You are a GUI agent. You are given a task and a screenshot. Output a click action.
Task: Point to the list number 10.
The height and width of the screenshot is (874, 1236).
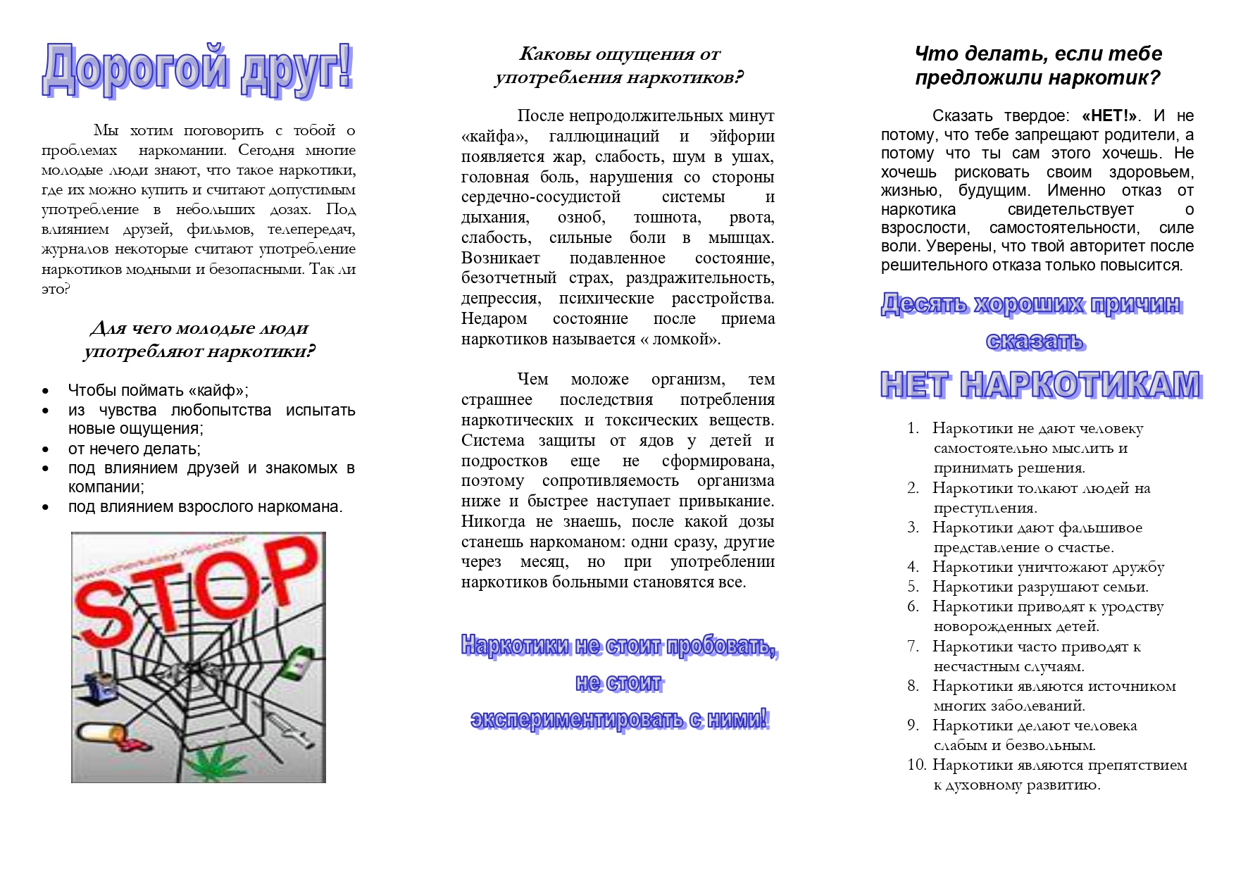pyautogui.click(x=916, y=765)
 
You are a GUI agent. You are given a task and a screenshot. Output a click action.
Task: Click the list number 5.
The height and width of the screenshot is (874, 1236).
pyautogui.click(x=913, y=587)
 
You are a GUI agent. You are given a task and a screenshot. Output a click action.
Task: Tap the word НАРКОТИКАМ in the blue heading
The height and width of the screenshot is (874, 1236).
pyautogui.click(x=1080, y=385)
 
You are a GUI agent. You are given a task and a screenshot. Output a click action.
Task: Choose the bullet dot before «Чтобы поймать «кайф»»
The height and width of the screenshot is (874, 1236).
pyautogui.click(x=46, y=391)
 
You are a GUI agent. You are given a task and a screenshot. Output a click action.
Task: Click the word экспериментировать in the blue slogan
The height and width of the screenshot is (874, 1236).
pyautogui.click(x=578, y=720)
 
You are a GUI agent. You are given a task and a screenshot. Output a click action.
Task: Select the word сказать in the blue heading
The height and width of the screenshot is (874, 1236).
pyautogui.click(x=1035, y=342)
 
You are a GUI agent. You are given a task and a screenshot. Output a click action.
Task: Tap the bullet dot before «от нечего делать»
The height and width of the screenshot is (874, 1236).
pyautogui.click(x=46, y=449)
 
